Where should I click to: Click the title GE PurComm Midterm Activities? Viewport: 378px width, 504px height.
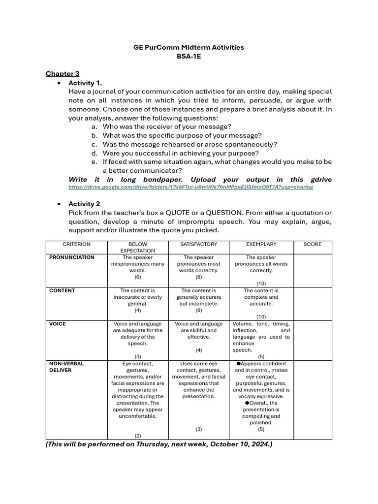(189, 47)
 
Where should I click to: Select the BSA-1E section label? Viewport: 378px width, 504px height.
(189, 56)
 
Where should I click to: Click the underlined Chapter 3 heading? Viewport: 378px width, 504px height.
(63, 73)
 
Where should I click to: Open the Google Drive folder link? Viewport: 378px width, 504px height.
(190, 188)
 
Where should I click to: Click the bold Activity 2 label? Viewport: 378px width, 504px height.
(84, 204)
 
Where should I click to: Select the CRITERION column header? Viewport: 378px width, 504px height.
(76, 244)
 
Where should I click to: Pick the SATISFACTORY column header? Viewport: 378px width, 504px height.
(198, 244)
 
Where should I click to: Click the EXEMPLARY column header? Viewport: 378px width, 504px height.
(261, 244)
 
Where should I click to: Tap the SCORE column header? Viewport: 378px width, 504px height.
(312, 244)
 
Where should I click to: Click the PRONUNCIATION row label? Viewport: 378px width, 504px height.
(72, 257)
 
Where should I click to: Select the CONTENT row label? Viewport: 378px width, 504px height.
(62, 291)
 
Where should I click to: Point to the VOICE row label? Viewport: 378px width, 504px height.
(58, 324)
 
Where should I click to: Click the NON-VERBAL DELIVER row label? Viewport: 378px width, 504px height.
(66, 367)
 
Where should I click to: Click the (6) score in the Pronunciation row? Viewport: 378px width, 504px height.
(137, 277)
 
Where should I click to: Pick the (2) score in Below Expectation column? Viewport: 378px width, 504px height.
(137, 436)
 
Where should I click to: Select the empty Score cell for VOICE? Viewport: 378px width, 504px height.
(312, 340)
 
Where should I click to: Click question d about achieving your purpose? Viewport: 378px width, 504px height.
(181, 153)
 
